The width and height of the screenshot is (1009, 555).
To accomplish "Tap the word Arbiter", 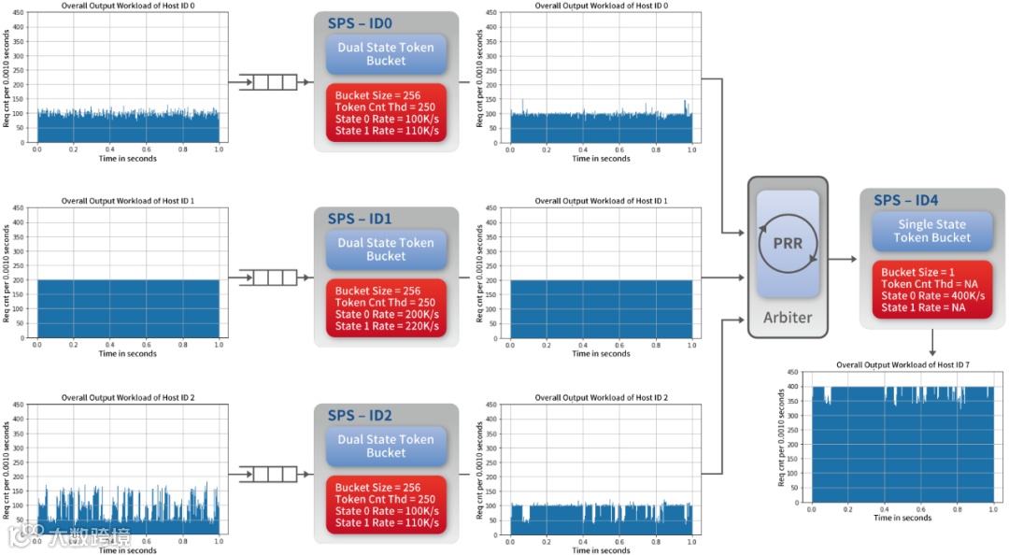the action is [x=788, y=317].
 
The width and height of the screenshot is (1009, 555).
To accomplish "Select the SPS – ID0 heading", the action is [x=360, y=22].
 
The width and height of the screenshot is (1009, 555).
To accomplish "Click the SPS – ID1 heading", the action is [x=360, y=219].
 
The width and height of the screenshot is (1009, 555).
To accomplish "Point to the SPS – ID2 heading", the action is [x=360, y=415].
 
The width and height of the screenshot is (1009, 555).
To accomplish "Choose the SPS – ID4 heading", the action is [x=906, y=200].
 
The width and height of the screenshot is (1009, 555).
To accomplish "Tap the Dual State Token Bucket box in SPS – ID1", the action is [x=386, y=249].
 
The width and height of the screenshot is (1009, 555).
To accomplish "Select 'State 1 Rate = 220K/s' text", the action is [x=387, y=326].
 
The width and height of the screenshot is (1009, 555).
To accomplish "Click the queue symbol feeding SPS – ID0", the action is [x=268, y=82].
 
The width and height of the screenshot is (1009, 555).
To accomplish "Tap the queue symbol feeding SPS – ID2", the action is [x=268, y=475].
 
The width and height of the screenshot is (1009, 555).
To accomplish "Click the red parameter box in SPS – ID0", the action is [x=386, y=113].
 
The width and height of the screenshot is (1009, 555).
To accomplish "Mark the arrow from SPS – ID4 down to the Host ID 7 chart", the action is [x=931, y=341].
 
